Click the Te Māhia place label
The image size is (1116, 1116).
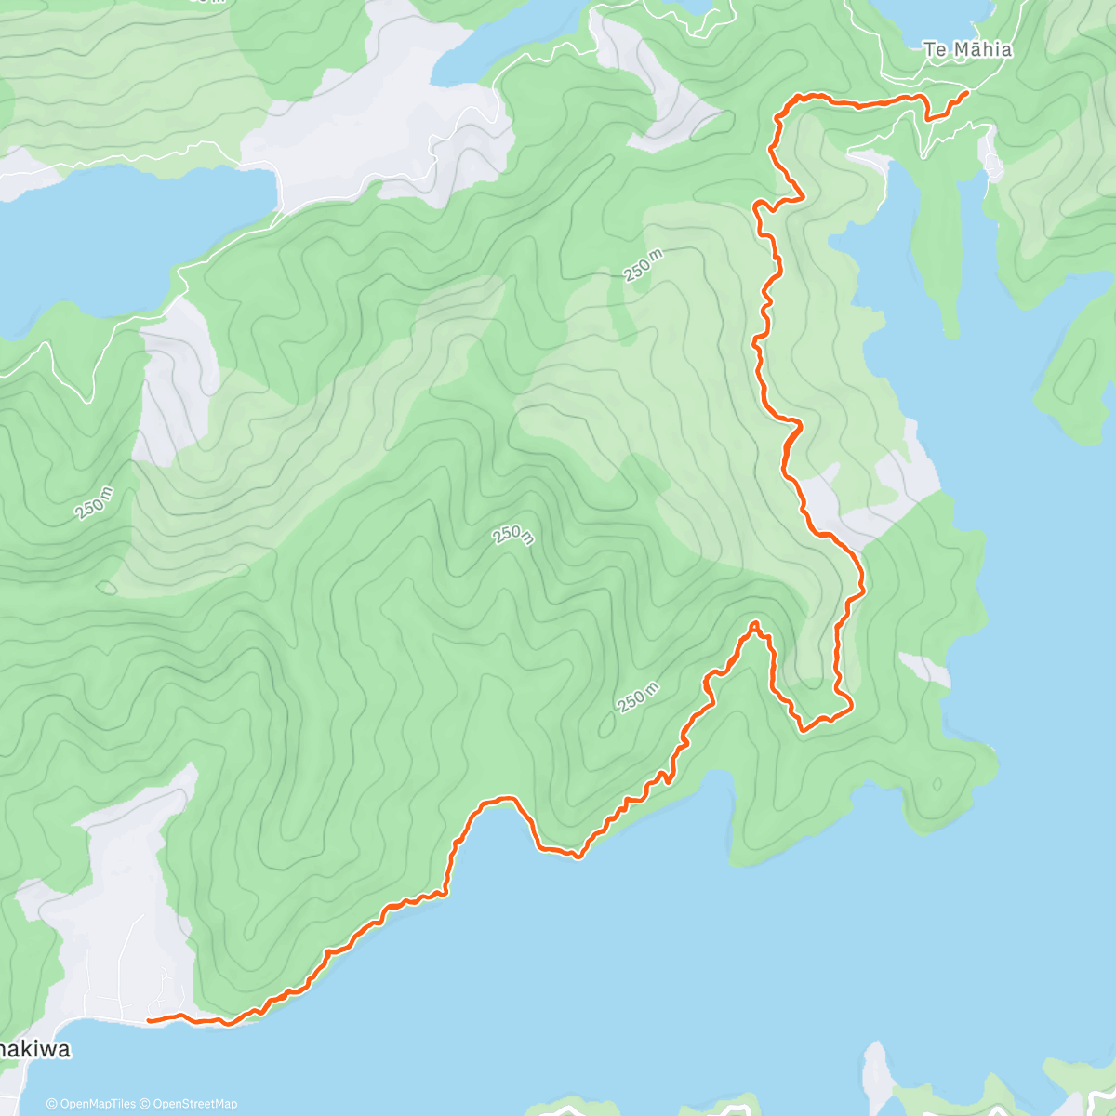point(967,50)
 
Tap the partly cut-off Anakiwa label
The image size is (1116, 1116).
point(35,1050)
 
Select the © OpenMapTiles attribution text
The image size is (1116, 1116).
point(91,1104)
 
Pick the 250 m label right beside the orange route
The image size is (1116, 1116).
point(639,697)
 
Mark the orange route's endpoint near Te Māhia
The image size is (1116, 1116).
point(967,92)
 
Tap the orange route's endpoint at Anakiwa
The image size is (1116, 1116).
point(149,1020)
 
